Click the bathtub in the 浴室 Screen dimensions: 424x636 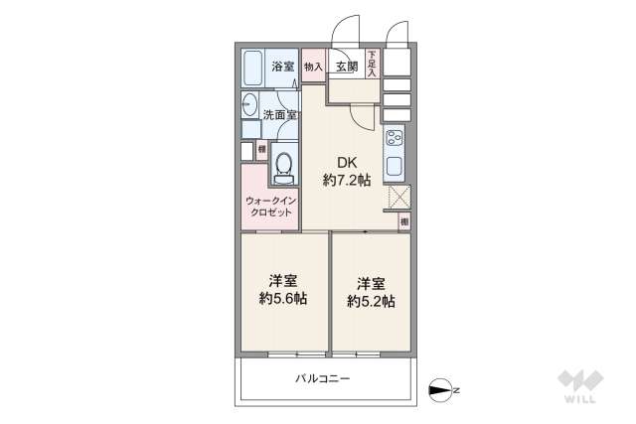[251, 68]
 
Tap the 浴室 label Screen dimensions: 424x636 [282, 68]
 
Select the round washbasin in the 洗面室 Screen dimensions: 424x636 [249, 104]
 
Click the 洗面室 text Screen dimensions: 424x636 [279, 115]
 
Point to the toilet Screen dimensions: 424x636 [284, 167]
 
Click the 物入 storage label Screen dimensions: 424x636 [313, 68]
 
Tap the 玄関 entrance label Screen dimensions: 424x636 [346, 68]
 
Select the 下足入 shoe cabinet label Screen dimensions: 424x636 [372, 64]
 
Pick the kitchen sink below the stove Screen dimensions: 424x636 [394, 166]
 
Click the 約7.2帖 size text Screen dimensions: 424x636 [346, 181]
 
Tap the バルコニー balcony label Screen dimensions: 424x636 [323, 378]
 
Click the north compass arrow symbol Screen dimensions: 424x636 [440, 389]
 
